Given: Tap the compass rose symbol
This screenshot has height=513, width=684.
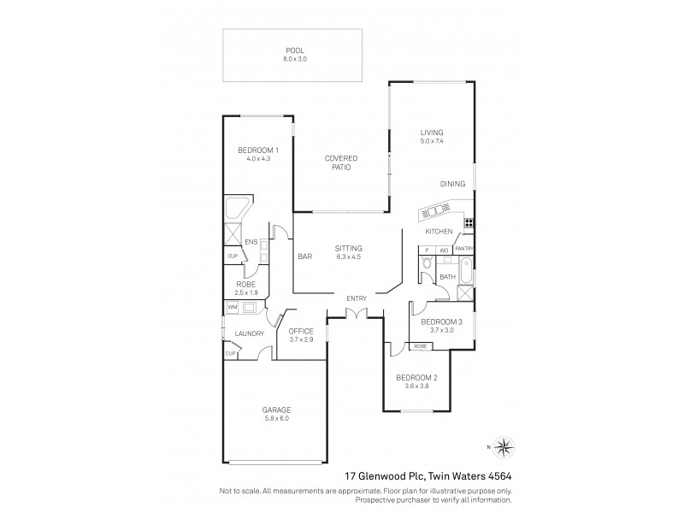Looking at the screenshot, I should (x=505, y=445).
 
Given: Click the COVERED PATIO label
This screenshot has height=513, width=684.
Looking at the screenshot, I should (x=340, y=158).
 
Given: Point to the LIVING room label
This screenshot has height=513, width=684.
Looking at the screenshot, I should (x=432, y=133).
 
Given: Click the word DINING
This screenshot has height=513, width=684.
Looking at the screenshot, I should (x=452, y=184).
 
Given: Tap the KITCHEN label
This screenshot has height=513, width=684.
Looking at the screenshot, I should (x=439, y=232).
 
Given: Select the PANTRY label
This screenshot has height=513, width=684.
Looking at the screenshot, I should (x=463, y=249).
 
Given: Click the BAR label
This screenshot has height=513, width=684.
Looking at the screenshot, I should (x=303, y=256).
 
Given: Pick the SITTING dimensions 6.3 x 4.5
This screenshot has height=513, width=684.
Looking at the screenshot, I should (x=349, y=256).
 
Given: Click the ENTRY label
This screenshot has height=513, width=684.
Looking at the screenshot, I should (x=357, y=298).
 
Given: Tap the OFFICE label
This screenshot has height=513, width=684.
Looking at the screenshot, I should (x=302, y=331).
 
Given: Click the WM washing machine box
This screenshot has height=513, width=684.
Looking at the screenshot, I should (x=232, y=306).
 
